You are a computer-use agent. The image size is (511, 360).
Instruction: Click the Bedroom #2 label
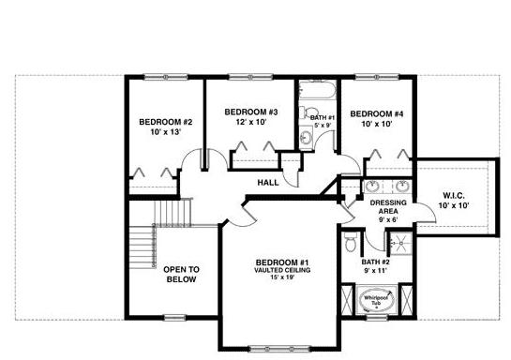(x=166, y=122)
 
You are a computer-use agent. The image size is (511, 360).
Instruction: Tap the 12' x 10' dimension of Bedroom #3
(x=251, y=122)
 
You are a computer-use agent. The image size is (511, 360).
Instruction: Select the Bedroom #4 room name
(x=376, y=114)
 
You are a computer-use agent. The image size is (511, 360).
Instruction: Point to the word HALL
(x=268, y=183)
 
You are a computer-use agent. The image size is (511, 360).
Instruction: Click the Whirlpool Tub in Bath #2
(x=377, y=300)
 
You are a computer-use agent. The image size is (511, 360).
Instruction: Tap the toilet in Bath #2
(x=351, y=242)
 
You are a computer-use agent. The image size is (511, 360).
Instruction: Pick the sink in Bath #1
(x=306, y=138)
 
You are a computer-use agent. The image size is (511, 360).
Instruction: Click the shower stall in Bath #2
(x=401, y=244)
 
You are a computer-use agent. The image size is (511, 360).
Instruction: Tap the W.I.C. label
(x=453, y=196)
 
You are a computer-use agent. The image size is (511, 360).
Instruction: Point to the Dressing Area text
(x=388, y=207)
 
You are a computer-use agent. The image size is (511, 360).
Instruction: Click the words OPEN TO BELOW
(x=181, y=275)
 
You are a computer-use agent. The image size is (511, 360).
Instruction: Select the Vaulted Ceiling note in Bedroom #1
(x=282, y=270)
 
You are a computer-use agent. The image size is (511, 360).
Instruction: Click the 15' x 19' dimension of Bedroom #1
(x=282, y=277)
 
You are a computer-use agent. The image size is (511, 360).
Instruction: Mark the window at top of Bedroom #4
(x=377, y=77)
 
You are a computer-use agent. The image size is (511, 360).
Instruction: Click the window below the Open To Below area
(x=174, y=317)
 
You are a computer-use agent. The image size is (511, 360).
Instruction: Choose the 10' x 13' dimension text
(x=166, y=132)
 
